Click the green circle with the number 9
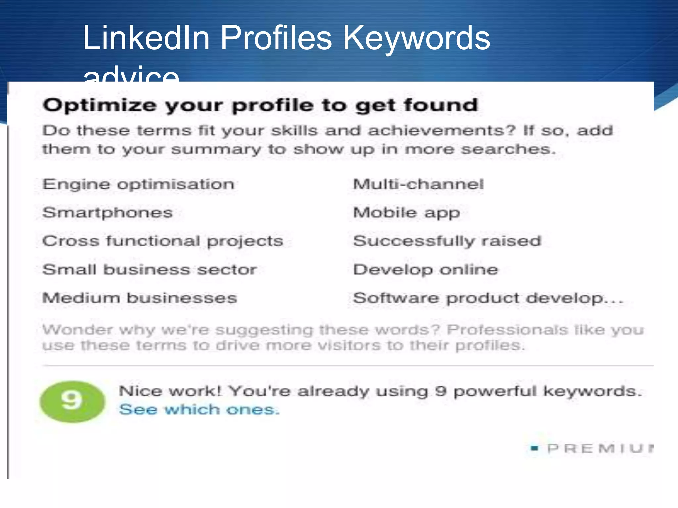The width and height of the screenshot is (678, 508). point(72,402)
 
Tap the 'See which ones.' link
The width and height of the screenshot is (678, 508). point(199,410)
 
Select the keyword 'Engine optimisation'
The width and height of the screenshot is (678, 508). point(138,184)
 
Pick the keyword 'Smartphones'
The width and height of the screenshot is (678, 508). point(108,213)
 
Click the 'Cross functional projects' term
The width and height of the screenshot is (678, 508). point(163,241)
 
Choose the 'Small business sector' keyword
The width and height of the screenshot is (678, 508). point(150,270)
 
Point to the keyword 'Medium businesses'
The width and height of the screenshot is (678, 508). point(140,298)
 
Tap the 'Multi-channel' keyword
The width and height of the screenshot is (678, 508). point(418,184)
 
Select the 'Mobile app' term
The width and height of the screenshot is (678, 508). point(407,213)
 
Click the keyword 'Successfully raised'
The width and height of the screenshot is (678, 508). point(447,241)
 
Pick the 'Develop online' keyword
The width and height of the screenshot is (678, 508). point(425,270)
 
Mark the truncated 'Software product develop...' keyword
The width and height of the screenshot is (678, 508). point(488,298)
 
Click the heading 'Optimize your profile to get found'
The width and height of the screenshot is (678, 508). point(260,106)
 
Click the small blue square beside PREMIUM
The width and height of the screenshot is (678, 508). point(534,448)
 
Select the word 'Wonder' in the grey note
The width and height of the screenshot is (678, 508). point(77,330)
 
